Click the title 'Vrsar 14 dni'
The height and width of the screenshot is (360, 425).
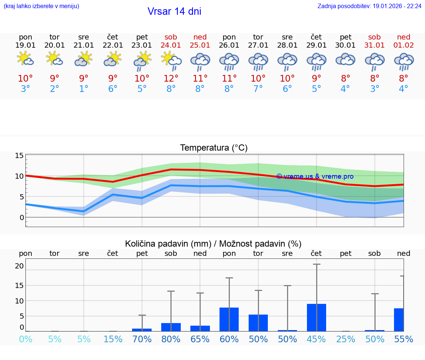pyautogui.click(x=174, y=11)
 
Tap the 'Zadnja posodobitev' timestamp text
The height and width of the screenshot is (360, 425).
pyautogui.click(x=369, y=6)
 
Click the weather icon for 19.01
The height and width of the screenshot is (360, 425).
pyautogui.click(x=25, y=59)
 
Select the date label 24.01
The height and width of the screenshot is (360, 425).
pyautogui.click(x=171, y=45)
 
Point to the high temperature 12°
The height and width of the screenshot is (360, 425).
pyautogui.click(x=171, y=78)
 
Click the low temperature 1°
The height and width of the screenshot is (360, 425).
pyautogui.click(x=84, y=89)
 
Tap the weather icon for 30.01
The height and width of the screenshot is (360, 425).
pyautogui.click(x=345, y=59)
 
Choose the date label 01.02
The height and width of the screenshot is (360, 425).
pyautogui.click(x=404, y=45)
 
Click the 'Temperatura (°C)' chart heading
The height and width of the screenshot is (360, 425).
pyautogui.click(x=214, y=148)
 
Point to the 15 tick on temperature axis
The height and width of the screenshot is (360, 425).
pyautogui.click(x=19, y=155)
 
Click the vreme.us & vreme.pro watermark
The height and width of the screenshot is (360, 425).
pyautogui.click(x=315, y=176)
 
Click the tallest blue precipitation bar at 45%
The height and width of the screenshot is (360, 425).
pyautogui.click(x=317, y=318)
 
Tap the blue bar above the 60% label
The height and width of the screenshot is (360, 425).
pyautogui.click(x=229, y=319)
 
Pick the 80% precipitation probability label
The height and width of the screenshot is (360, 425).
pyautogui.click(x=171, y=339)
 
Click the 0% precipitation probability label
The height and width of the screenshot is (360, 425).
pyautogui.click(x=25, y=339)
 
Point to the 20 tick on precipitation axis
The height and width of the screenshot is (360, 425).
pyautogui.click(x=19, y=266)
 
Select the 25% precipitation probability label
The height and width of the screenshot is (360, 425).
pyautogui.click(x=345, y=339)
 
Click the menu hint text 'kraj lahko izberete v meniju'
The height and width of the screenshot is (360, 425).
pyautogui.click(x=41, y=6)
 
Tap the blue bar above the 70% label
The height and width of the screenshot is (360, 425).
pyautogui.click(x=142, y=330)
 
